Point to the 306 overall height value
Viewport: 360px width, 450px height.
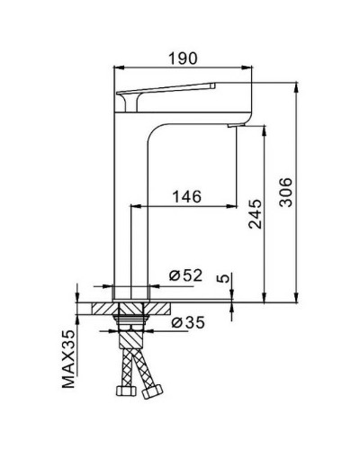[285, 192]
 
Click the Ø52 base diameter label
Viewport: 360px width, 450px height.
[185, 276]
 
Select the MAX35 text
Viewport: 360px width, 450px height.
[68, 359]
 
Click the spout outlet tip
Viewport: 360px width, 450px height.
[239, 124]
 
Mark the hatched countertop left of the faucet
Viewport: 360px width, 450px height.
[95, 307]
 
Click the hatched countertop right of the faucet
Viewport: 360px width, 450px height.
[162, 307]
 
